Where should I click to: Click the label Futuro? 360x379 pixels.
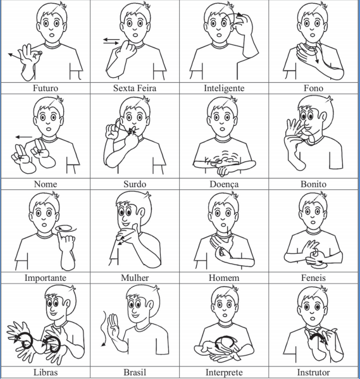(x=46, y=88)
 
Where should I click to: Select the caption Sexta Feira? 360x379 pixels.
(x=135, y=88)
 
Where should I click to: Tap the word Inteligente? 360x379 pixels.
(x=224, y=88)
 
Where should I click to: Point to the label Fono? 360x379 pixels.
(x=313, y=88)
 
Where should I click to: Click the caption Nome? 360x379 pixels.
(x=46, y=184)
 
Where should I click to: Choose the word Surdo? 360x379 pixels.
(x=135, y=184)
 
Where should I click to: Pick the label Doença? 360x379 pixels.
(x=224, y=184)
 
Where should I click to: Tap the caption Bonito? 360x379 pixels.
(x=313, y=184)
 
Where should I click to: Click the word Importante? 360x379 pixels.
(x=46, y=278)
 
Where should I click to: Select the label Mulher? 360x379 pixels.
(x=135, y=278)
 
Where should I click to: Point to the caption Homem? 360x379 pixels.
(x=224, y=278)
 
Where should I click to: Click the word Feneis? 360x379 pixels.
(x=313, y=278)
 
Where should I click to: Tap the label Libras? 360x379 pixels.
(x=46, y=372)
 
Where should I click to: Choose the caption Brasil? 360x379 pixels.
(x=135, y=372)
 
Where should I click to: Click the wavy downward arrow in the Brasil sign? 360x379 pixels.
(x=104, y=329)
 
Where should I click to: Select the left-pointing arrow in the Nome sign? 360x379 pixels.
(x=23, y=137)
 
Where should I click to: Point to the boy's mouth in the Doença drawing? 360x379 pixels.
(x=221, y=128)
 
